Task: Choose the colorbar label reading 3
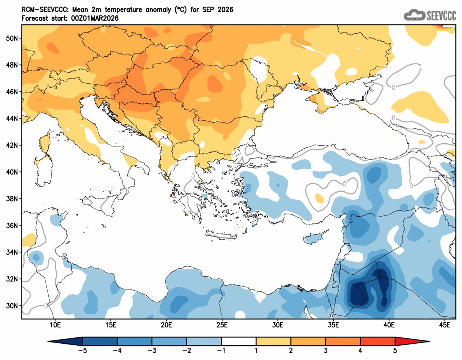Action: point(326,350)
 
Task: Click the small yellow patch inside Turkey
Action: point(319,198)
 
